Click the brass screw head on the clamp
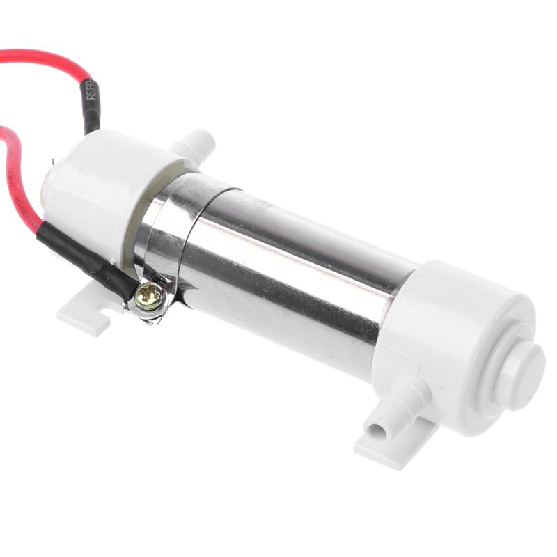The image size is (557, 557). tap(151, 296)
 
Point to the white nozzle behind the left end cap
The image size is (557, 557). tap(192, 143)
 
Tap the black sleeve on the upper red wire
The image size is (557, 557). tap(92, 104)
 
